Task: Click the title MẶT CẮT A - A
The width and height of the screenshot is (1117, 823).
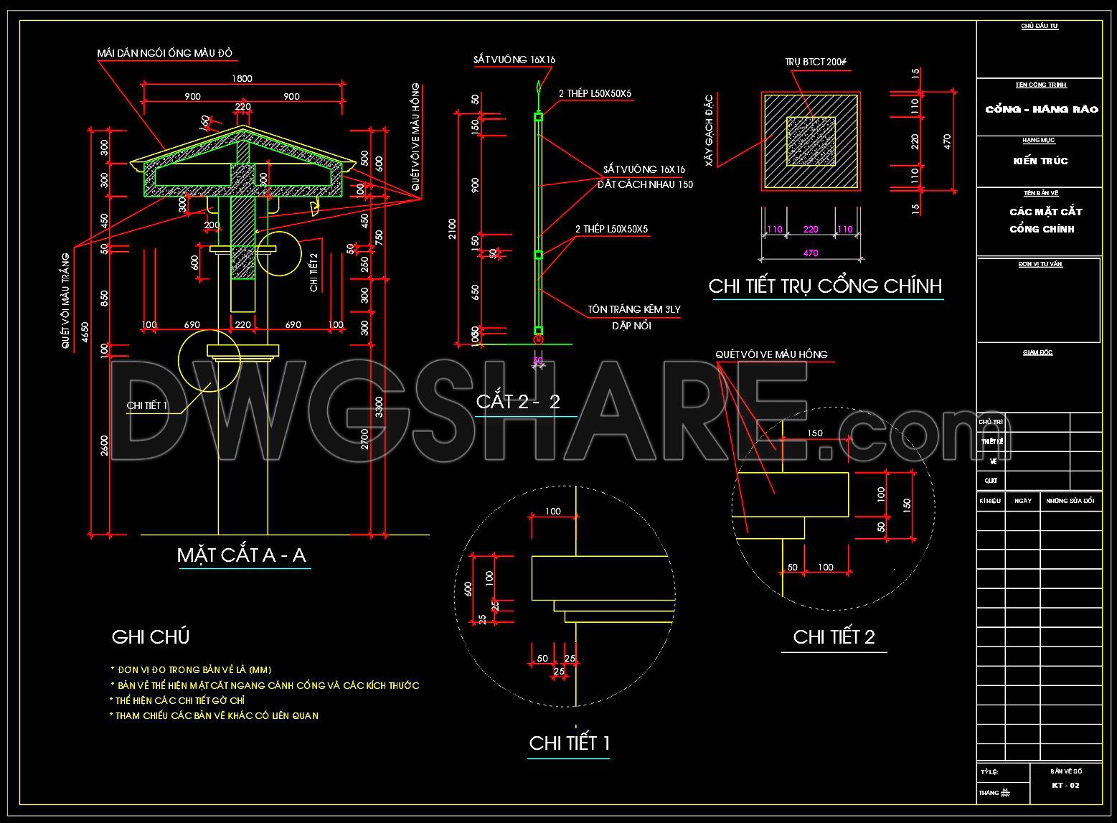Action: tap(241, 555)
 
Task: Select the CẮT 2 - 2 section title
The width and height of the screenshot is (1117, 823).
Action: tap(517, 401)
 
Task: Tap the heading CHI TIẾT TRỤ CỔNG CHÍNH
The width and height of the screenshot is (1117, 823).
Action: tap(825, 286)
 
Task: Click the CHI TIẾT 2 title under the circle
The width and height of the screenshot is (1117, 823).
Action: tap(834, 637)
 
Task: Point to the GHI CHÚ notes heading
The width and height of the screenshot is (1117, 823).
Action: tap(151, 636)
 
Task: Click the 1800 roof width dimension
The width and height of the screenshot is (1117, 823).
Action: tap(242, 79)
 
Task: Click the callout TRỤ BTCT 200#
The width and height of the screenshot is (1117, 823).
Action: tap(816, 62)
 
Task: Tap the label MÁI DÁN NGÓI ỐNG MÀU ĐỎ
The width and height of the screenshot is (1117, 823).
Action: tap(165, 53)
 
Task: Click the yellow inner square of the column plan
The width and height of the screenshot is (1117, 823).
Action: tap(811, 141)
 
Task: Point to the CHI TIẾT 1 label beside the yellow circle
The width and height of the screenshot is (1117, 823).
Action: tap(147, 405)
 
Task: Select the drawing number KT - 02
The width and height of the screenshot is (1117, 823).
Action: tap(1065, 785)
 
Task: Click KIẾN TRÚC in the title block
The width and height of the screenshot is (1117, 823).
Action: tap(1040, 161)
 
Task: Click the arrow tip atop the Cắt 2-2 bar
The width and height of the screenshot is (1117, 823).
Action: tap(538, 85)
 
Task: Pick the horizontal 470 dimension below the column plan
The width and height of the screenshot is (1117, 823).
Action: tap(811, 253)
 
